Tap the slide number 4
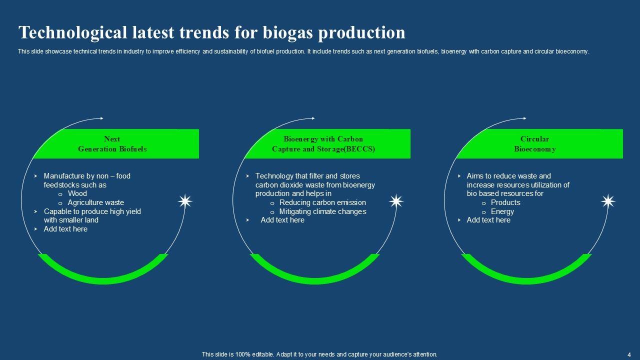click(x=629, y=355)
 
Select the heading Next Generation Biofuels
click(x=112, y=143)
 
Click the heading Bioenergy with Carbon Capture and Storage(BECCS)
click(x=323, y=143)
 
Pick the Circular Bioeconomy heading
click(x=535, y=143)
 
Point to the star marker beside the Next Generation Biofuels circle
click(x=185, y=201)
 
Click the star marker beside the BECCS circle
click(x=396, y=201)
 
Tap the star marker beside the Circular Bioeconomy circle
click(x=608, y=201)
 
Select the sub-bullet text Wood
click(x=77, y=193)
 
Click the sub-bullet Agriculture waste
click(x=95, y=202)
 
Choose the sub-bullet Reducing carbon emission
click(x=322, y=202)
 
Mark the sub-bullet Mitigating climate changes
click(x=322, y=211)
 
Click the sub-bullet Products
click(x=505, y=202)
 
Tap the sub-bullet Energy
click(x=502, y=211)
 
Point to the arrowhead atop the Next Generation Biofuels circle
click(x=101, y=118)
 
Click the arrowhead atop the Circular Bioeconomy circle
click(x=524, y=118)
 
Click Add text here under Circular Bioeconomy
click(x=488, y=220)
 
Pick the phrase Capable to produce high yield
click(x=92, y=211)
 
